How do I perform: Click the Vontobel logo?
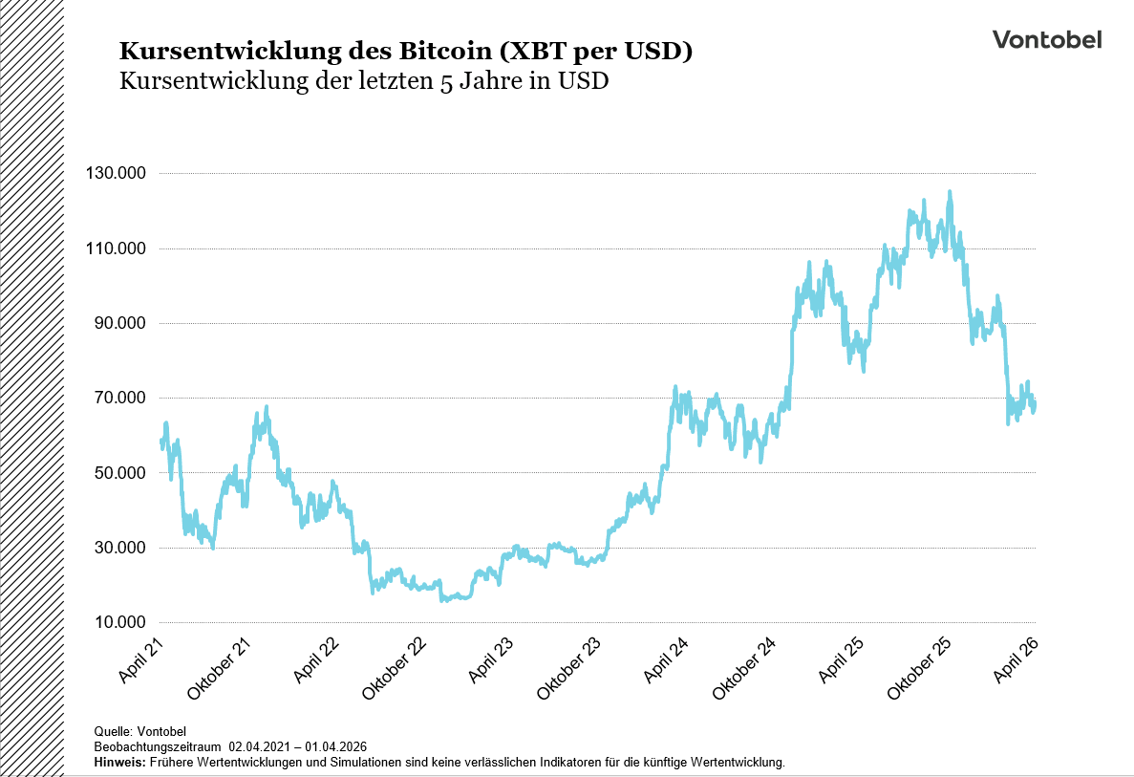1046,39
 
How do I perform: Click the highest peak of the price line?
949,192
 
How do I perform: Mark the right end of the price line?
1036,403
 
